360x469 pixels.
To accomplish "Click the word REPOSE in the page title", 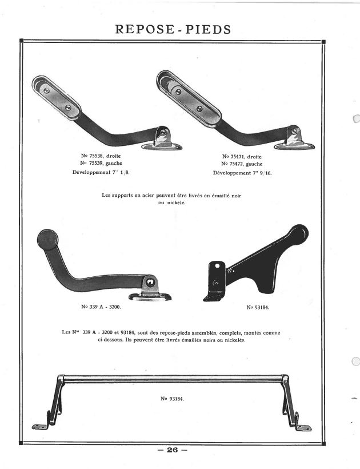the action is pyautogui.click(x=145, y=29).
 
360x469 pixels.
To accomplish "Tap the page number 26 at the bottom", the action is pyautogui.click(x=173, y=450).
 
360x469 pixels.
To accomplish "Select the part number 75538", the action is pyautogui.click(x=96, y=156).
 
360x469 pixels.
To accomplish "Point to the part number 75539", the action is pyautogui.click(x=96, y=163).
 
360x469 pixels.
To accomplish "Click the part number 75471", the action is pyautogui.click(x=238, y=157).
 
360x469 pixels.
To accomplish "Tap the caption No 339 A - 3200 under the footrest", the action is pyautogui.click(x=101, y=307).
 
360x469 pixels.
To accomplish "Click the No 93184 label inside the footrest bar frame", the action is pyautogui.click(x=173, y=399).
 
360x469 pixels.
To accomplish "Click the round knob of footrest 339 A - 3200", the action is pyautogui.click(x=48, y=240).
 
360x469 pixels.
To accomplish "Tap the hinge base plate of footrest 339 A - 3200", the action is pyautogui.click(x=150, y=297).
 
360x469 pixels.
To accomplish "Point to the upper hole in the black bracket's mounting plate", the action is pyautogui.click(x=217, y=265).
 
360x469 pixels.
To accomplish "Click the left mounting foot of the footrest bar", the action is pyautogui.click(x=40, y=427).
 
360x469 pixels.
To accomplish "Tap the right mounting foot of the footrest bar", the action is pyautogui.click(x=303, y=428).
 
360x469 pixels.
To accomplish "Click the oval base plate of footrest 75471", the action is pyautogui.click(x=295, y=146).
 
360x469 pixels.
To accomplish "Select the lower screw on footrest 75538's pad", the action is pyautogui.click(x=68, y=107).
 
